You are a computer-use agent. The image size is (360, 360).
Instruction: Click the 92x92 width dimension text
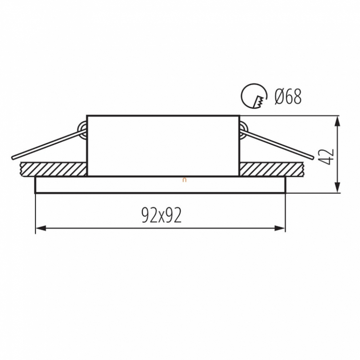point(162,215)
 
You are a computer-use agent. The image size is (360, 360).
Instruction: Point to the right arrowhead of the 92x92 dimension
point(280,228)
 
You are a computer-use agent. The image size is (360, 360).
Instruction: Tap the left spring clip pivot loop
point(82,130)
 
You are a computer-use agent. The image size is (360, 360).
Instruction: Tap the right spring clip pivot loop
point(243,130)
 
